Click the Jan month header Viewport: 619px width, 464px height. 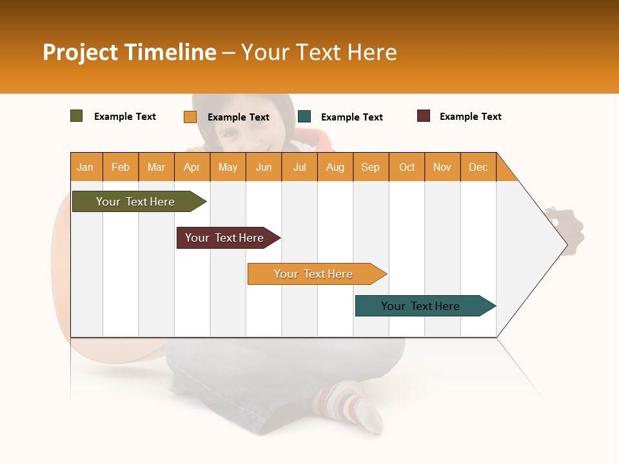point(86,167)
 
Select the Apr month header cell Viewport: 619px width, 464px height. point(192,167)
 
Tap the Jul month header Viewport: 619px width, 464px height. point(299,167)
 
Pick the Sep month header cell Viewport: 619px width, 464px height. point(370,167)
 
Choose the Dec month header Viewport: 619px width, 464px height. point(478,167)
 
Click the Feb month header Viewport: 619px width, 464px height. point(121,167)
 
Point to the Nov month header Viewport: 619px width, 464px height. point(442,167)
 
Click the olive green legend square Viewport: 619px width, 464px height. point(76,116)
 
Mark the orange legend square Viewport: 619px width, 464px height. point(190,117)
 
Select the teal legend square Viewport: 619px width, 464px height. point(304,117)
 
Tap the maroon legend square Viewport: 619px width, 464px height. point(423,116)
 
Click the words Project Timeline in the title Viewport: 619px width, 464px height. point(130,52)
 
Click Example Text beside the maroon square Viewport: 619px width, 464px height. point(470,117)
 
